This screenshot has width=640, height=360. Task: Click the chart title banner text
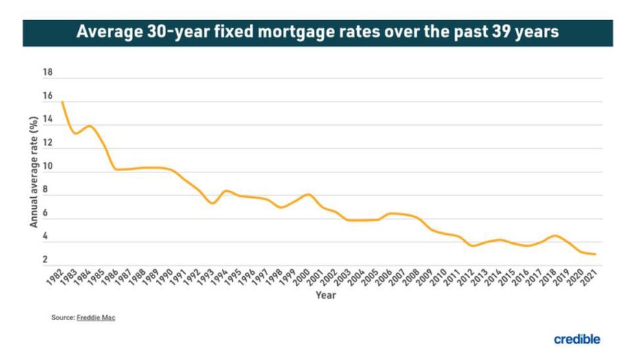(x=317, y=32)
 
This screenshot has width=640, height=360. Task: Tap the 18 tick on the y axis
(x=48, y=72)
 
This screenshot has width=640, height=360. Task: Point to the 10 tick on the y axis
(x=48, y=166)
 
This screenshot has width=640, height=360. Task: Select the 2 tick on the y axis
(x=45, y=260)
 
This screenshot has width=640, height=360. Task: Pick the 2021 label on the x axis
(x=589, y=278)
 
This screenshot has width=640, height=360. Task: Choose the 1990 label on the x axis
(x=165, y=278)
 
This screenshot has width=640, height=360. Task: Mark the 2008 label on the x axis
(x=411, y=278)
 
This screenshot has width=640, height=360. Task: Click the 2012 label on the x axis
(x=466, y=278)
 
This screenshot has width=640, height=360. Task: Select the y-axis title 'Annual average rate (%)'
(x=33, y=172)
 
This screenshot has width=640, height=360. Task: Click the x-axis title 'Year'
(x=325, y=295)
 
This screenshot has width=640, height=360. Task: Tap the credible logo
(x=577, y=339)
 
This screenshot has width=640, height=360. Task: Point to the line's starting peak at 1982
(x=62, y=102)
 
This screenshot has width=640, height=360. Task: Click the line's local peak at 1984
(x=89, y=126)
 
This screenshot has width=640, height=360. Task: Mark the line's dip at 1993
(x=213, y=203)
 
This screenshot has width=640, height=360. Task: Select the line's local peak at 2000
(x=308, y=194)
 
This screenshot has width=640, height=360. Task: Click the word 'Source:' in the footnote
(x=62, y=318)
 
